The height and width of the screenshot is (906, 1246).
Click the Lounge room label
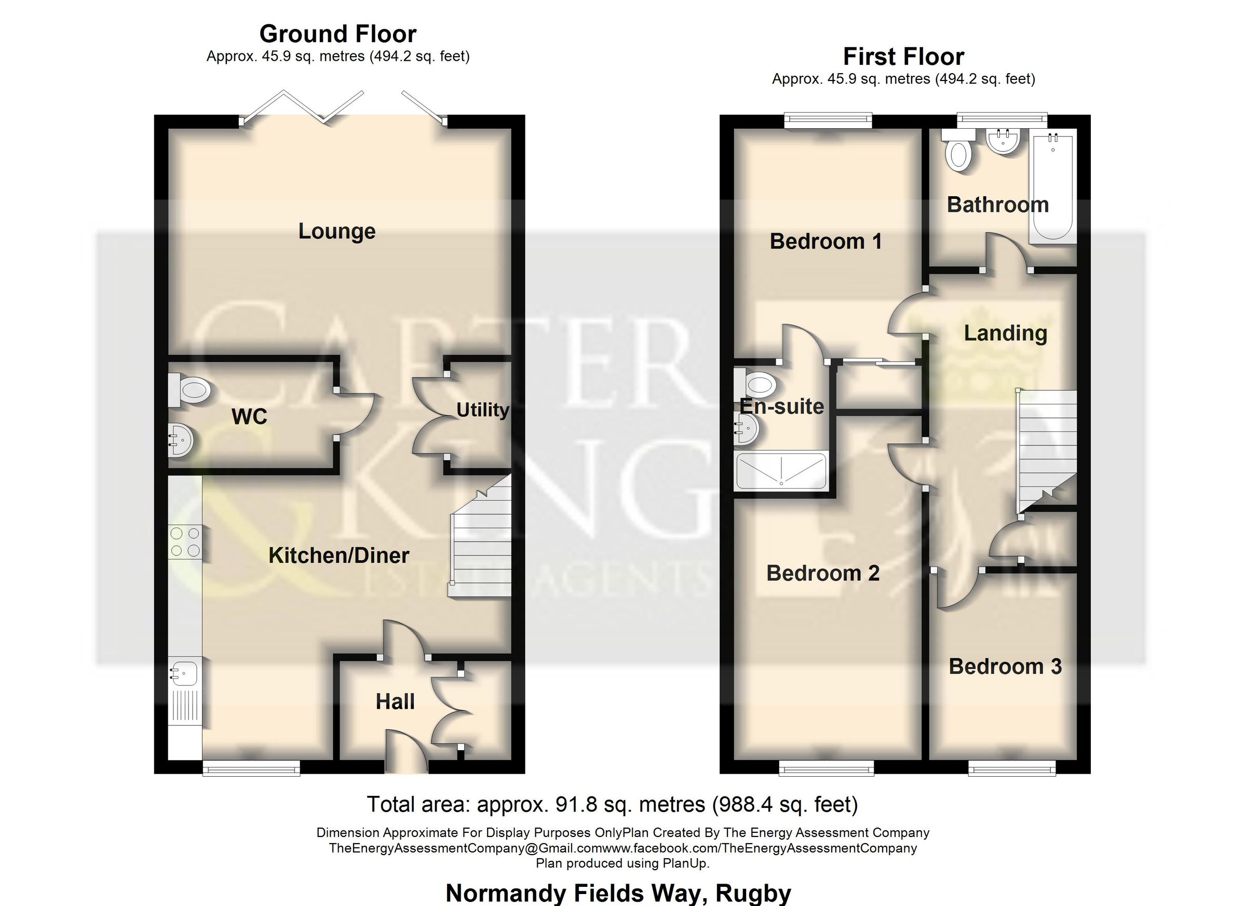337,232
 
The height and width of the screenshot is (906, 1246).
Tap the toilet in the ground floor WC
190,390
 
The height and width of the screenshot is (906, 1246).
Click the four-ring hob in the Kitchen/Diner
185,542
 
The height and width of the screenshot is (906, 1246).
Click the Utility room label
482,410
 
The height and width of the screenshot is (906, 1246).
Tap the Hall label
395,701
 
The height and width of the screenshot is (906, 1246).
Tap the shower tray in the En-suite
781,471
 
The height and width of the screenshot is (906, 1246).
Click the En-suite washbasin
747,428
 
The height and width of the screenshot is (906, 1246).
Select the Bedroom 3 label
1005,667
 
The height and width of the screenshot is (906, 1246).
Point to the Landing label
1006,333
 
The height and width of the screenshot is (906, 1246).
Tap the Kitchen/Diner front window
251,767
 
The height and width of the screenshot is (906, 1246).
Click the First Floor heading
903,57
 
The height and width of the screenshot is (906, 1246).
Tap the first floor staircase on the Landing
1047,445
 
